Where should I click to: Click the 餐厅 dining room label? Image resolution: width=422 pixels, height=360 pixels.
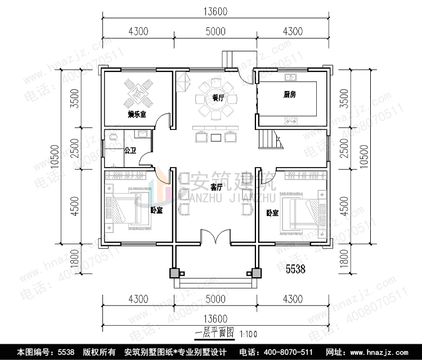tap(218, 98)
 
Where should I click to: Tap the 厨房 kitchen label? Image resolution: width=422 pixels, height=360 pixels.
tap(290, 95)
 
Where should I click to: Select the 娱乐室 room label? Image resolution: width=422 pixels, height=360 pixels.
tap(137, 115)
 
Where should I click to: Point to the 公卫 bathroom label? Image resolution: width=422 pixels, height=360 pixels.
tap(130, 151)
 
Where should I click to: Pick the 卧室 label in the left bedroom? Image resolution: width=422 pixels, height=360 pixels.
tap(156, 210)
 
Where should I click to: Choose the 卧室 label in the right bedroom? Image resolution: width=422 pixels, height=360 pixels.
tap(273, 213)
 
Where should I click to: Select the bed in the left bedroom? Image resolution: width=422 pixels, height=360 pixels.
tap(128, 207)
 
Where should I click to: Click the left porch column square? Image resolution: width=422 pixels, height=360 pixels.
tap(175, 273)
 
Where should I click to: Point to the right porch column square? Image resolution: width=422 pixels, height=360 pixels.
tap(256, 273)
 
